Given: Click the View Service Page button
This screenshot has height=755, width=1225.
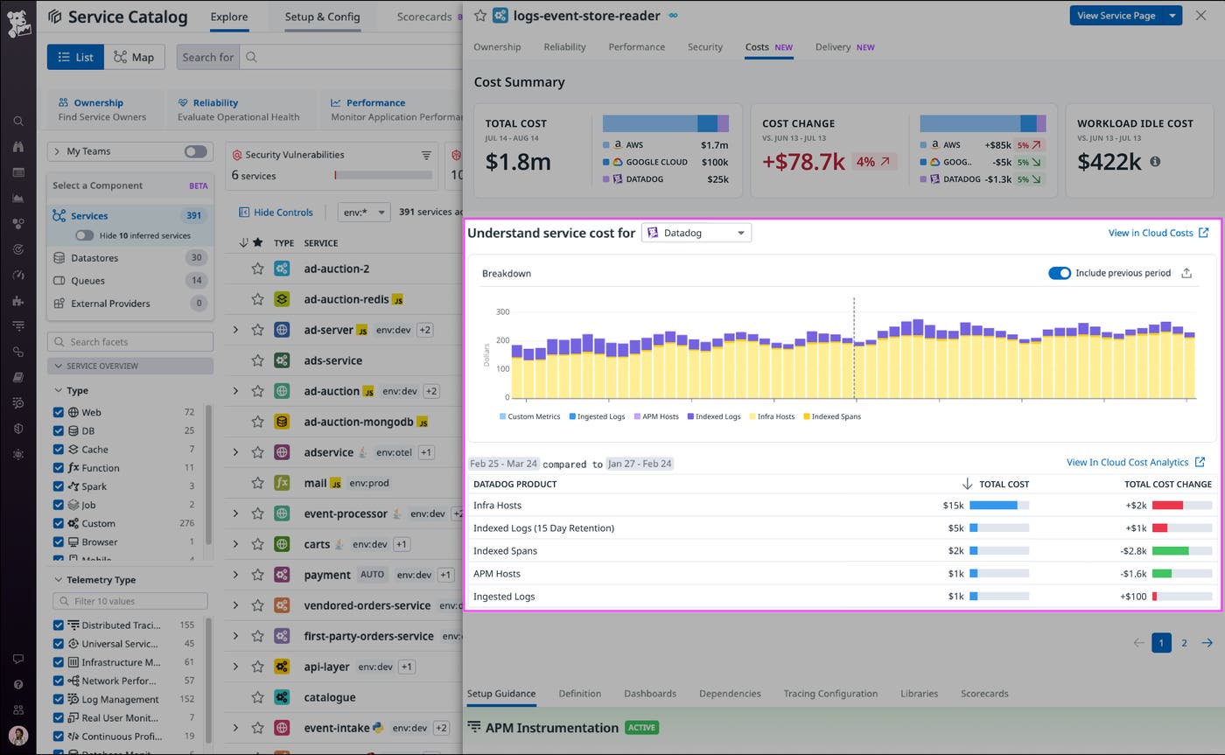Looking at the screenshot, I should [1116, 16].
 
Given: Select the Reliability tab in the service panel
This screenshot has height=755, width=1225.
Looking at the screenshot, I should [564, 47].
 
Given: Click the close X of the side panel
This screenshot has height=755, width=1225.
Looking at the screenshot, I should [1200, 16].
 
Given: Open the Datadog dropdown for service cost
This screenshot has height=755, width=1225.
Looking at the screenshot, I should [696, 233].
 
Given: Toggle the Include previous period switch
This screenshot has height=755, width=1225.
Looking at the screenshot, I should [1059, 273].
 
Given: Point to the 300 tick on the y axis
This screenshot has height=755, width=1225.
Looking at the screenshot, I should [502, 311].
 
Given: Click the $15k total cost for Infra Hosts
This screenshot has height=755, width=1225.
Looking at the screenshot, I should [953, 505].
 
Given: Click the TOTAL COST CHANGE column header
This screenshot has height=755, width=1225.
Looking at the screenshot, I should [1167, 484].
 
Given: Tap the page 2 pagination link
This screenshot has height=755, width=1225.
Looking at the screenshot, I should [1184, 643].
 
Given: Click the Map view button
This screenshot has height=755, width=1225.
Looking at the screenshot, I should [134, 57].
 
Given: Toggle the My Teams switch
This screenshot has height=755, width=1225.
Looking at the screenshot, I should [195, 151].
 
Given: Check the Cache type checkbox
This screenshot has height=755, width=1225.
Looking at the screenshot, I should [59, 449].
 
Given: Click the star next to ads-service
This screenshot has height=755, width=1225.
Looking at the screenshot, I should [257, 360].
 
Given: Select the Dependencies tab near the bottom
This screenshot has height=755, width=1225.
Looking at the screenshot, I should [729, 693].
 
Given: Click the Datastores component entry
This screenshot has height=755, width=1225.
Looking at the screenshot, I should [94, 258].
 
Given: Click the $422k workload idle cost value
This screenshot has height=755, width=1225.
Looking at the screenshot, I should [1109, 162].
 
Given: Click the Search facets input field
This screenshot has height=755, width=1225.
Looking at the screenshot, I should [131, 342].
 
